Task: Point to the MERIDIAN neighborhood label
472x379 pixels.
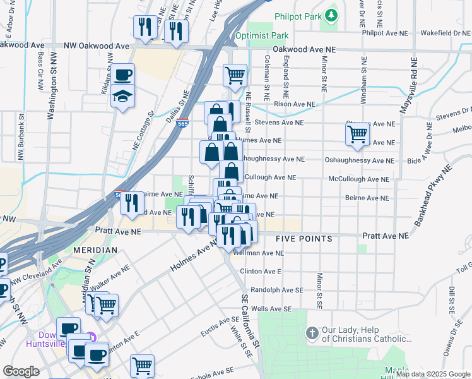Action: pos(95,250)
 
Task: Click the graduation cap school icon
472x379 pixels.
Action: pos(123,97)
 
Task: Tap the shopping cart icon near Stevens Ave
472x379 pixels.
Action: pos(357,135)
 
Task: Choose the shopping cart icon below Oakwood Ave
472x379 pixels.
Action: pos(235,75)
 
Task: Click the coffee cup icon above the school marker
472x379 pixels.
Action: pos(123,75)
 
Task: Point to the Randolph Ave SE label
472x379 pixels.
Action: pos(274,289)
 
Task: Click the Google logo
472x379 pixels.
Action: pos(21,371)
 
